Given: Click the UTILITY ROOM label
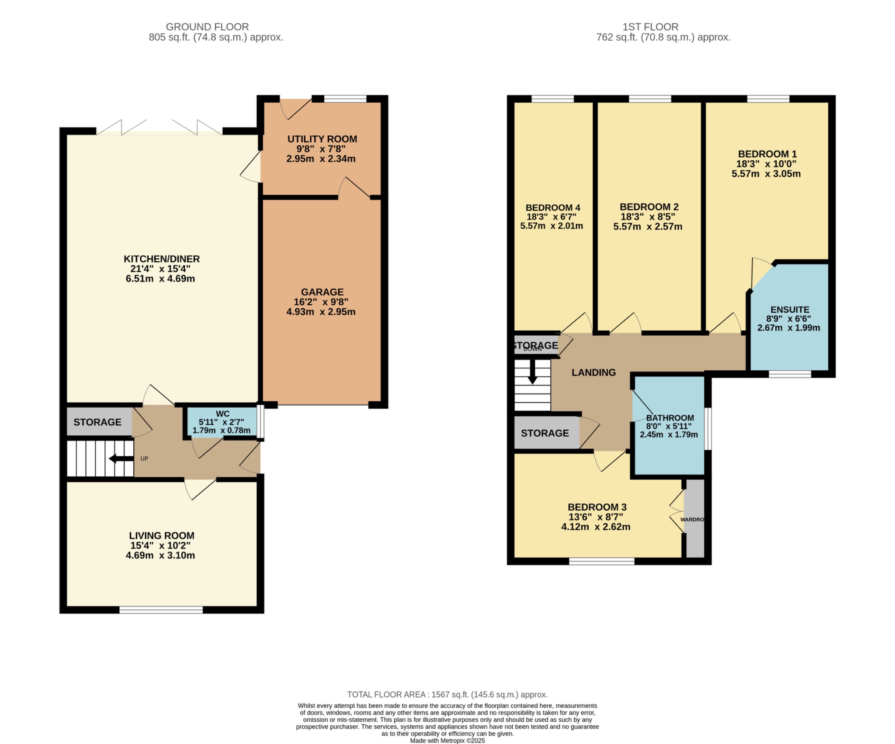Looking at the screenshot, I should (x=322, y=139).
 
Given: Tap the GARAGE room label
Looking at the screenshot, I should (x=322, y=292).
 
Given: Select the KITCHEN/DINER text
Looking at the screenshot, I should (x=161, y=259).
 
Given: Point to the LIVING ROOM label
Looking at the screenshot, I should (x=161, y=535).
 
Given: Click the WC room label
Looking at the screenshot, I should (x=222, y=414).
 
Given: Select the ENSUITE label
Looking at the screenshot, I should (x=790, y=310).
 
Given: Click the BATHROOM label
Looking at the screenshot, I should (x=670, y=418).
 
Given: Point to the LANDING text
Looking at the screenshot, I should (x=593, y=372).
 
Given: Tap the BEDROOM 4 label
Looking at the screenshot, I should (x=552, y=208).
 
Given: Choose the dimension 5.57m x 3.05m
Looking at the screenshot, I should (x=766, y=174).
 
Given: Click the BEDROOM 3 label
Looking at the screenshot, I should (x=597, y=507).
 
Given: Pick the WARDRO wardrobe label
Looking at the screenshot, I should (x=692, y=520).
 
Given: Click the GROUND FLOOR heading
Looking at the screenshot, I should (x=207, y=27).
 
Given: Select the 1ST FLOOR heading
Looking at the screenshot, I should (x=650, y=27).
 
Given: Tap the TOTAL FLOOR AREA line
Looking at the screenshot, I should (x=447, y=694).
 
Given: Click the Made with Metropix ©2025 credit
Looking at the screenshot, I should (x=447, y=741).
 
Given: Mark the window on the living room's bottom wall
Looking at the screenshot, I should (x=161, y=610).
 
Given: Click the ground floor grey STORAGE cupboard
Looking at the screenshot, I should (x=98, y=422).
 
